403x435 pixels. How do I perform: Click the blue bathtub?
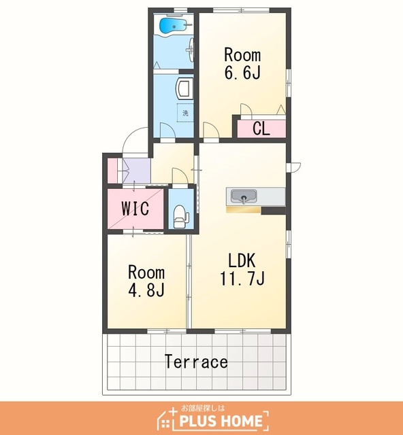(x=173, y=26)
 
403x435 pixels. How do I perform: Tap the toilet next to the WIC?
(x=180, y=216)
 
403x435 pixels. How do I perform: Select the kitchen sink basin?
(x=244, y=196)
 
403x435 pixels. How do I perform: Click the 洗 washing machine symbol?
(x=185, y=113)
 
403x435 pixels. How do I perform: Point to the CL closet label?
(x=261, y=128)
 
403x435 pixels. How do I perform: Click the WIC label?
(x=135, y=209)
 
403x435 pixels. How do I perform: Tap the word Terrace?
(x=196, y=362)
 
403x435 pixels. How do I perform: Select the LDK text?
(x=242, y=260)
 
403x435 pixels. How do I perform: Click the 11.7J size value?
(x=242, y=278)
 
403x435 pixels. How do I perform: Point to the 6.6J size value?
(x=242, y=72)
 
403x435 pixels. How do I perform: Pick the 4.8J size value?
(x=146, y=290)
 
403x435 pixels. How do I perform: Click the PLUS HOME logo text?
(x=221, y=421)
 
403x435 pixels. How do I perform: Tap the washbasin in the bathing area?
(x=191, y=50)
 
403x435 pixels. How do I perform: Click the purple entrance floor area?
(x=137, y=171)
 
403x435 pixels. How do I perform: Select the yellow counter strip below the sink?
(x=244, y=209)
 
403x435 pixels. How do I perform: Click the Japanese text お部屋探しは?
(x=203, y=408)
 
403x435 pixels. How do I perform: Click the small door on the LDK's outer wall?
(x=295, y=167)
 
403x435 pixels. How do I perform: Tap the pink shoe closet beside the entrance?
(x=112, y=171)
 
